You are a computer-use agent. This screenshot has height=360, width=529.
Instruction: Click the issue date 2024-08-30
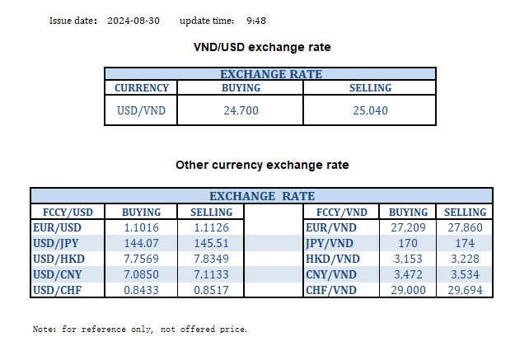134,21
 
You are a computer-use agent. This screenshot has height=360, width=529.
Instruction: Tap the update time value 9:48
256,21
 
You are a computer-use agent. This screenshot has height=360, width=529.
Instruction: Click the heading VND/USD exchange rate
262,47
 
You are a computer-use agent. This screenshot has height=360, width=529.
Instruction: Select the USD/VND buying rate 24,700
241,110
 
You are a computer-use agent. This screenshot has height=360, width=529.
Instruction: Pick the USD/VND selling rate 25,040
369,110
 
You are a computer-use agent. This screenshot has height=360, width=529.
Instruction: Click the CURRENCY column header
142,88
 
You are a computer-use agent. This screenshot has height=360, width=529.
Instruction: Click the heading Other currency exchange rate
262,165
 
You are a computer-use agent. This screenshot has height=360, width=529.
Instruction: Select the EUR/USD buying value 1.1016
141,227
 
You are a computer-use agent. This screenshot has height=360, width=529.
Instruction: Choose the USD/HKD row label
59,259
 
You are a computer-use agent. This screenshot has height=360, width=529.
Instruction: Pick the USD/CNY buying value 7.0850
141,275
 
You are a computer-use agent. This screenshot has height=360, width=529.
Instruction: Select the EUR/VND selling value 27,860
466,227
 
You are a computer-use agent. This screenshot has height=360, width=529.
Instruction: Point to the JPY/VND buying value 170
408,244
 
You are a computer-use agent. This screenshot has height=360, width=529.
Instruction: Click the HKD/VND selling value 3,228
466,259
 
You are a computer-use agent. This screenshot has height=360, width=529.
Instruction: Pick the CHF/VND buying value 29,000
408,291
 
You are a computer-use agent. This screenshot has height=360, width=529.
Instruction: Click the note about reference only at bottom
140,330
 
